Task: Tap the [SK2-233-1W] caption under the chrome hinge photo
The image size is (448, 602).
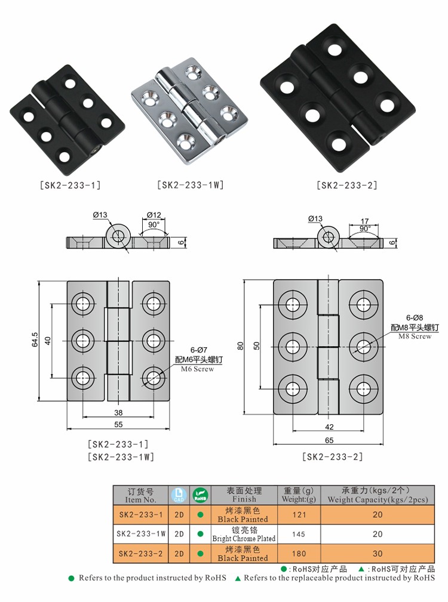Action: click(x=190, y=185)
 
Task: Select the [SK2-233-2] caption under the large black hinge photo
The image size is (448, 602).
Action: click(x=346, y=186)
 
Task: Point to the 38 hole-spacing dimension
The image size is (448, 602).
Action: click(x=118, y=412)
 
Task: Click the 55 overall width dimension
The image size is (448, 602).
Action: click(x=118, y=424)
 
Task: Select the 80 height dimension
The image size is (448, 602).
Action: click(x=240, y=346)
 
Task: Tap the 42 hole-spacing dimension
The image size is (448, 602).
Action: click(x=329, y=427)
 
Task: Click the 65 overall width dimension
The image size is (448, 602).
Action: click(x=329, y=440)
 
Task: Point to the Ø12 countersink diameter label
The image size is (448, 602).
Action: click(x=154, y=215)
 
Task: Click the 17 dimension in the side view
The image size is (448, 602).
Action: click(x=364, y=221)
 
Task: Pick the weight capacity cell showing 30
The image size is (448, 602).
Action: click(x=377, y=554)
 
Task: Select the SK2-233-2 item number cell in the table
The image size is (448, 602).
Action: click(x=140, y=554)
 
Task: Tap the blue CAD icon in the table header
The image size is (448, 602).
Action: click(x=179, y=495)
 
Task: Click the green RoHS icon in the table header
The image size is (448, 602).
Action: click(x=200, y=495)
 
